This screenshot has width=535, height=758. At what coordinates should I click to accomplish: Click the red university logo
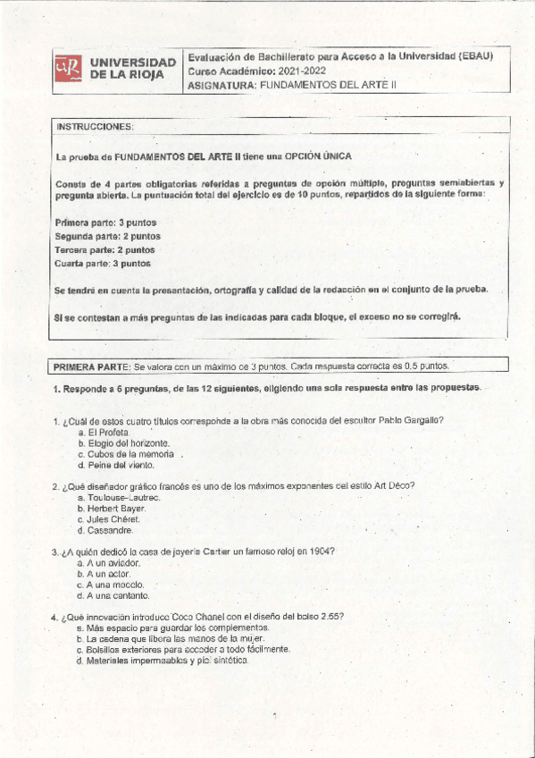(x=68, y=69)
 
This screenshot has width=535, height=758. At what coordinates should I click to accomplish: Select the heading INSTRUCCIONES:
(x=95, y=127)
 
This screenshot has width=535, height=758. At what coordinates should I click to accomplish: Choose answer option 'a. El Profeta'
(x=104, y=432)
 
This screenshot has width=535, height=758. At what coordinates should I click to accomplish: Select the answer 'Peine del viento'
(x=116, y=465)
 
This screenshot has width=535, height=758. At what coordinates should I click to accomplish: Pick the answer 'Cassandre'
(x=105, y=530)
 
